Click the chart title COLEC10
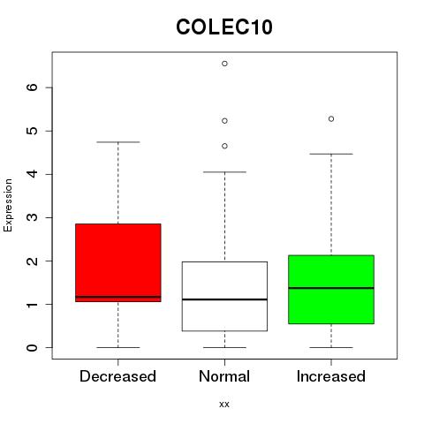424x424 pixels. tap(224, 27)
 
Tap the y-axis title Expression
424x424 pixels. tap(8, 206)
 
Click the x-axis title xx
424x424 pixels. tap(224, 405)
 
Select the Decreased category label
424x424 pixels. tap(117, 376)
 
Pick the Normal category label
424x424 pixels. tap(224, 376)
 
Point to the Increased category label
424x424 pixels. tap(331, 376)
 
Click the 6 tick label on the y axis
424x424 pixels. tap(33, 87)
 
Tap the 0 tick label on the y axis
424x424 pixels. tap(33, 347)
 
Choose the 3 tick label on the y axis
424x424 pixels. tap(33, 217)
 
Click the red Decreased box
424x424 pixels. tap(118, 262)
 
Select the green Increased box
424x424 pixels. tap(331, 290)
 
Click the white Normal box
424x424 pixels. tap(224, 296)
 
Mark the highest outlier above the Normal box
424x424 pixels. tap(224, 64)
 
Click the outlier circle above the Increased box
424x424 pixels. tap(331, 119)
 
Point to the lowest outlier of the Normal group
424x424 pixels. tap(224, 146)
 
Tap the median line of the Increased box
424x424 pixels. tap(331, 288)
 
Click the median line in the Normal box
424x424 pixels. tap(224, 299)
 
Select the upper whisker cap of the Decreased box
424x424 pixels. tap(118, 142)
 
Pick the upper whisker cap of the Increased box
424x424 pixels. tap(331, 154)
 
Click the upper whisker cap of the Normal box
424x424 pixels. tap(224, 172)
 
